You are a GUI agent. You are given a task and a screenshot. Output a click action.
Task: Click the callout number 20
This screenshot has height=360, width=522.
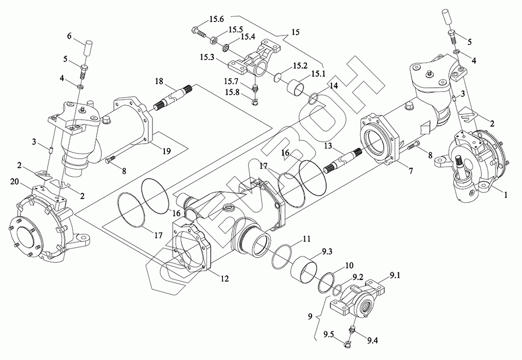(15, 181)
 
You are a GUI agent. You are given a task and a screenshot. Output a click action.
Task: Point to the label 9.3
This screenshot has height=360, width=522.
(327, 252)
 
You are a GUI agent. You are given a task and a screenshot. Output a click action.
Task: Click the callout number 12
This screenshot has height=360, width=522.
(224, 278)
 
